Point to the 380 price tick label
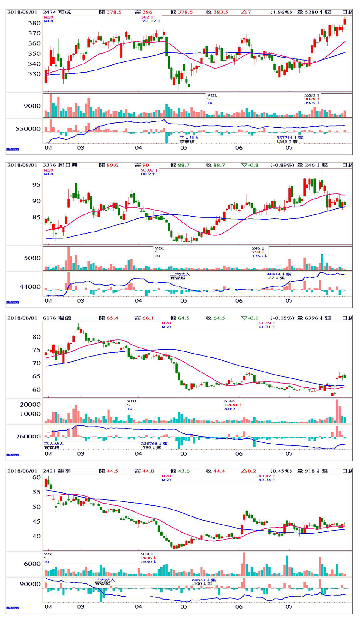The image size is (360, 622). (34, 23)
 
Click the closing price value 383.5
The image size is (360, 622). (221, 12)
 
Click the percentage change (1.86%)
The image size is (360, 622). (281, 12)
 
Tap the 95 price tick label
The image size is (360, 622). (36, 185)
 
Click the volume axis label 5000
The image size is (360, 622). (32, 258)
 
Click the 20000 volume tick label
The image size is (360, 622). (30, 405)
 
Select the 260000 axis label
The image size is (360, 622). (28, 437)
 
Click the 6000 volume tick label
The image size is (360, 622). (32, 564)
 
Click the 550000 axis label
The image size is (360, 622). (28, 129)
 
